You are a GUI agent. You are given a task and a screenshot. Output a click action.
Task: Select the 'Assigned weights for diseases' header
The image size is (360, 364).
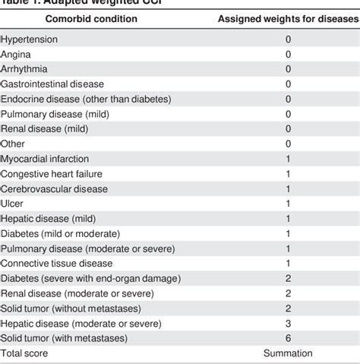tap(288, 17)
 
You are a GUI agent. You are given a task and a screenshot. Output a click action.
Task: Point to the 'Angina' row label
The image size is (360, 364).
tap(17, 54)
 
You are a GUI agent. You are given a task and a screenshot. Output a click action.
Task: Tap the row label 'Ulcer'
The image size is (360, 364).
tap(13, 203)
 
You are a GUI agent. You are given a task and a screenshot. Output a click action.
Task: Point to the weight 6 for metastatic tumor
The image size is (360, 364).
tap(288, 337)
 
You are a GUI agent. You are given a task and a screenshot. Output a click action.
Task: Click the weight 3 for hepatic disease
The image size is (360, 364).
tap(288, 322)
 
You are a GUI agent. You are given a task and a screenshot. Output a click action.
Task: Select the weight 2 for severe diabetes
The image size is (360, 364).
tap(288, 277)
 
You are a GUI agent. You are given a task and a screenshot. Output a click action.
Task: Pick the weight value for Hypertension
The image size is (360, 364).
tap(288, 39)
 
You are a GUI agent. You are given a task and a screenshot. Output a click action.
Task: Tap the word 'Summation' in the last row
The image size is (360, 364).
tap(288, 353)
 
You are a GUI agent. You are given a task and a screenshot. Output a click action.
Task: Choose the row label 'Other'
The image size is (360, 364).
tap(13, 143)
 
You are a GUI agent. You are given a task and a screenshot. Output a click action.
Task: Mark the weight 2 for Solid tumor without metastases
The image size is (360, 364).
tap(288, 307)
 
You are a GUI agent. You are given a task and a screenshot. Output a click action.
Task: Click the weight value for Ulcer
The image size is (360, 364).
tap(288, 203)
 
